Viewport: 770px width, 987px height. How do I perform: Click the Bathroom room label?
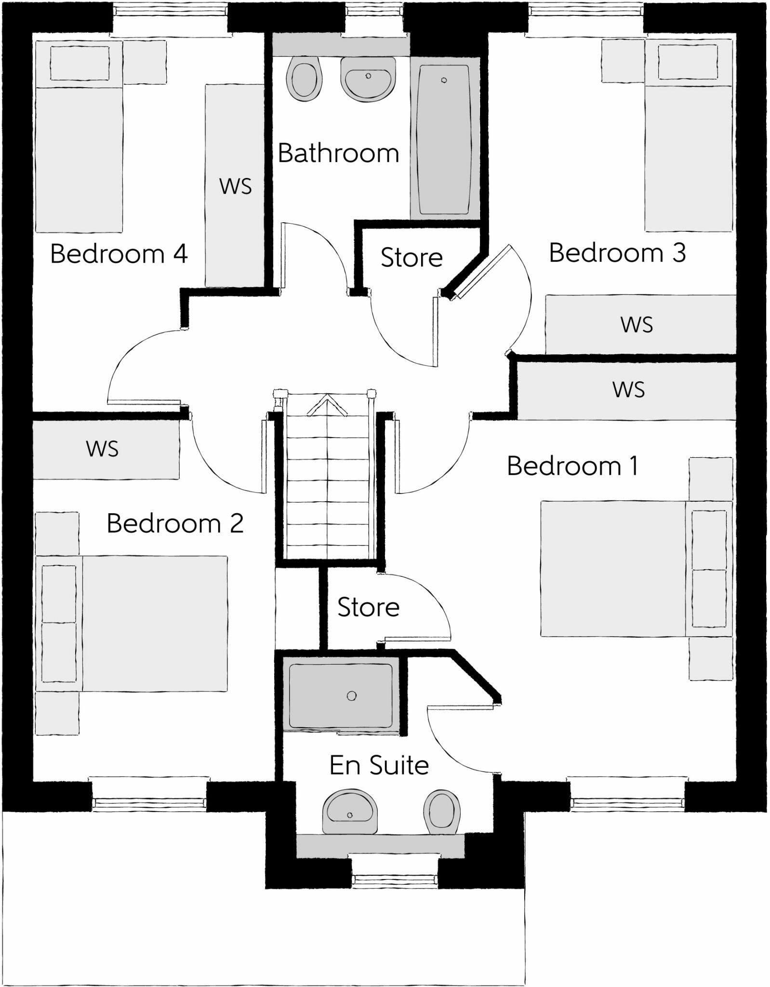(338, 153)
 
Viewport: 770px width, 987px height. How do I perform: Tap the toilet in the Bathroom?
(304, 78)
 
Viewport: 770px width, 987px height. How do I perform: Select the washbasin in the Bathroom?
(368, 79)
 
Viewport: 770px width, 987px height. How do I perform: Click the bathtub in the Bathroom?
(444, 139)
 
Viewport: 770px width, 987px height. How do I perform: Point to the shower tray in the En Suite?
(341, 695)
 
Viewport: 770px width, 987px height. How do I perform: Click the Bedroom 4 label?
(119, 253)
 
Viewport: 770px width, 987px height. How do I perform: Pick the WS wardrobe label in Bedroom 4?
(236, 187)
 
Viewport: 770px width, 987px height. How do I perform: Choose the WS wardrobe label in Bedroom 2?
(102, 449)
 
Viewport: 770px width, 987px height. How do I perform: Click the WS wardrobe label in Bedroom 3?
(637, 325)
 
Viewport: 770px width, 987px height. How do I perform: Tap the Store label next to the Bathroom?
(412, 257)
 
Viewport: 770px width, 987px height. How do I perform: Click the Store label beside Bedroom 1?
(368, 607)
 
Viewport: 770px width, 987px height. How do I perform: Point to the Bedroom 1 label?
(572, 466)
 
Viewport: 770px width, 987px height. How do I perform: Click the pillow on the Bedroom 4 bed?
(80, 63)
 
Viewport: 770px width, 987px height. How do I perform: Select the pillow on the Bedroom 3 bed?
(688, 62)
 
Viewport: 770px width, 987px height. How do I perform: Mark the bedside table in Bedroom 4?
(145, 62)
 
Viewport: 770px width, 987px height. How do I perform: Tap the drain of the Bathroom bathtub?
(444, 80)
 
